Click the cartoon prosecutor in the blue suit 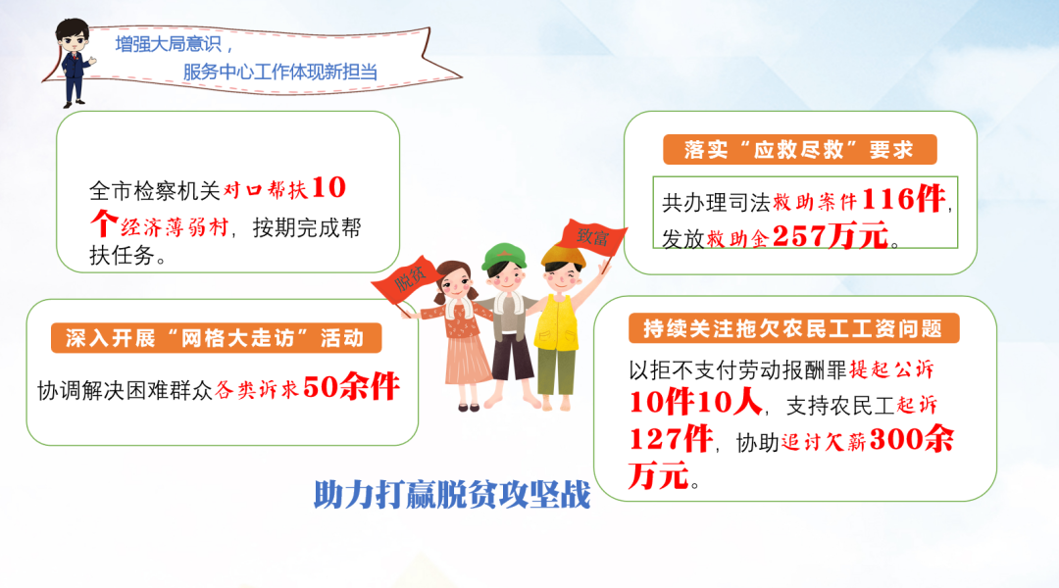pyautogui.click(x=74, y=62)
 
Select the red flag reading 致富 pyautogui.click(x=591, y=237)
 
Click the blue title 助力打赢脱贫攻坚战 pyautogui.click(x=452, y=495)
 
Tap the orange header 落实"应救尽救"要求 pyautogui.click(x=800, y=149)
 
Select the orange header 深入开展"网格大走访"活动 pyautogui.click(x=216, y=337)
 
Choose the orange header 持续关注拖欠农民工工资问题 pyautogui.click(x=793, y=328)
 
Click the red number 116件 pyautogui.click(x=904, y=199)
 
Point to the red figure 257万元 pyautogui.click(x=831, y=235)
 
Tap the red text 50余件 pyautogui.click(x=351, y=387)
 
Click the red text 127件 pyautogui.click(x=671, y=439)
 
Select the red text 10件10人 pyautogui.click(x=695, y=403)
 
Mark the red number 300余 pyautogui.click(x=912, y=439)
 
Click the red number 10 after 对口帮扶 pyautogui.click(x=328, y=188)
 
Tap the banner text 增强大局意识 pyautogui.click(x=169, y=44)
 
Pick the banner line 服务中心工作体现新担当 pyautogui.click(x=280, y=72)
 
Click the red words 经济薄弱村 pyautogui.click(x=175, y=226)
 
